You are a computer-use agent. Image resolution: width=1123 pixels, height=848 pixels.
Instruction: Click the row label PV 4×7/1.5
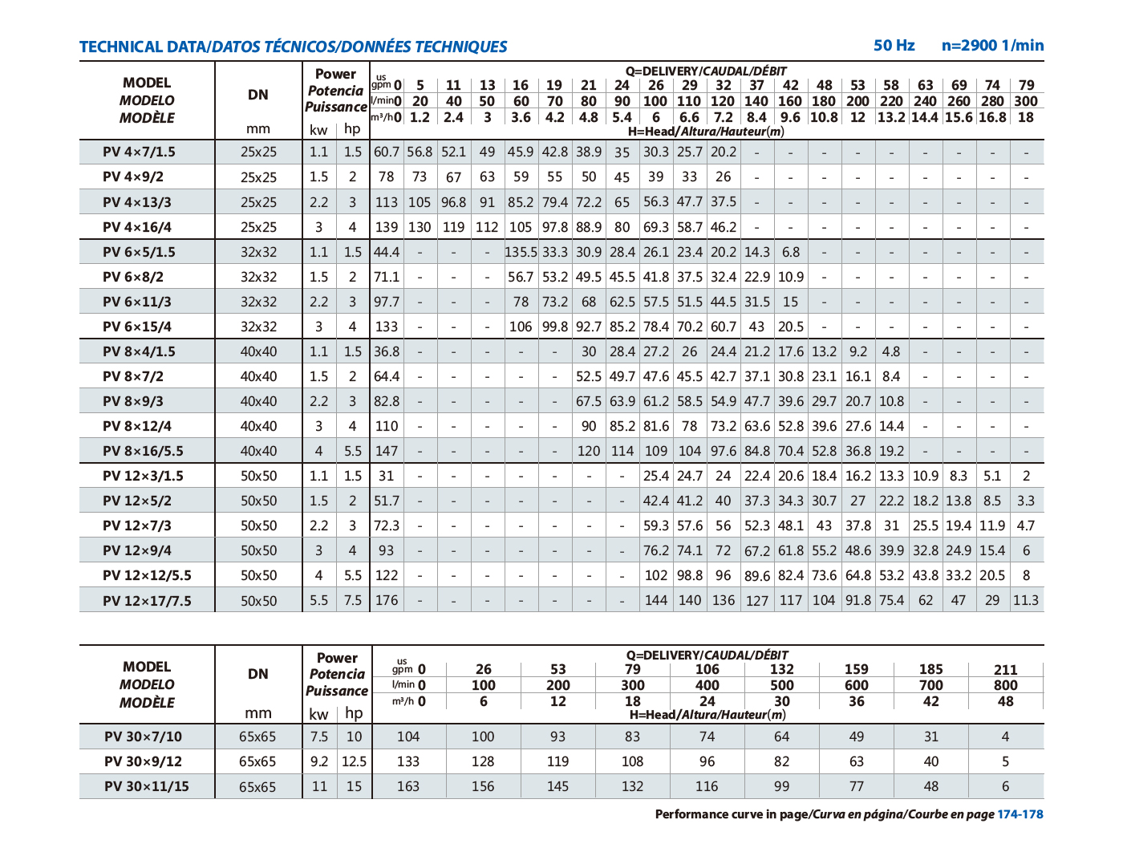click(139, 152)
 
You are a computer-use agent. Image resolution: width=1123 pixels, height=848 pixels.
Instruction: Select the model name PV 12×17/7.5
click(147, 600)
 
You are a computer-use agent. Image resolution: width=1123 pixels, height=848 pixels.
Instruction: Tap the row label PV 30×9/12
click(143, 761)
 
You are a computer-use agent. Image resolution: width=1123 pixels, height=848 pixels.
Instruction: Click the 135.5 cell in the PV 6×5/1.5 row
click(521, 252)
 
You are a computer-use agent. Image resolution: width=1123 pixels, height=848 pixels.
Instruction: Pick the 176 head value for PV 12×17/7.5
click(387, 600)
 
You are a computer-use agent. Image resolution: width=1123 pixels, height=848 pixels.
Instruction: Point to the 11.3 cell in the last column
click(1026, 600)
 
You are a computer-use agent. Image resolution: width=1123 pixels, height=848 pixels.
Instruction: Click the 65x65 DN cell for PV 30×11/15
click(257, 786)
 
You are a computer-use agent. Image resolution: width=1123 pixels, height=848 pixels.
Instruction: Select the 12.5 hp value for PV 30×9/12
click(354, 761)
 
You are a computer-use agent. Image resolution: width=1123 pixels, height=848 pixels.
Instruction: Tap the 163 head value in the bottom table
click(408, 786)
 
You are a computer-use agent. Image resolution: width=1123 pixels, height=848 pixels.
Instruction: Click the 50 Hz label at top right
click(894, 46)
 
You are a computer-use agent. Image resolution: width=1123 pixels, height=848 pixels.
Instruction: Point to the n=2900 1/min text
click(992, 46)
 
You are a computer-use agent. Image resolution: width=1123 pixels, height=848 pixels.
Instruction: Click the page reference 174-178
click(1020, 814)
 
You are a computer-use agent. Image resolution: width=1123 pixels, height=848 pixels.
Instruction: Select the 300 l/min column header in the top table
click(1026, 101)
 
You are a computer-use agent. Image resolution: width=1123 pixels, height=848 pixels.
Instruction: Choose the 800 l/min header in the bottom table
click(1005, 685)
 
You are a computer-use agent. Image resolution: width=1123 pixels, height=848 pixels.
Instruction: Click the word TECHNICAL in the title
click(121, 47)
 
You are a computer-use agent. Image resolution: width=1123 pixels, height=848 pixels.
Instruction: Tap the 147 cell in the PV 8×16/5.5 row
click(387, 451)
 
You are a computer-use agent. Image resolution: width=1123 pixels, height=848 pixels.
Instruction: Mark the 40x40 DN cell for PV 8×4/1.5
click(258, 351)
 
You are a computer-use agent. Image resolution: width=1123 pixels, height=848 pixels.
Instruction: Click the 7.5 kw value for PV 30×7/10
click(318, 736)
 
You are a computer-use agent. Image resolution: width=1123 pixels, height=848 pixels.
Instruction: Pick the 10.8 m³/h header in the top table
click(824, 117)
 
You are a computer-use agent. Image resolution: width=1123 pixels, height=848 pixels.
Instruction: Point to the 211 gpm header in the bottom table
click(1005, 670)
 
